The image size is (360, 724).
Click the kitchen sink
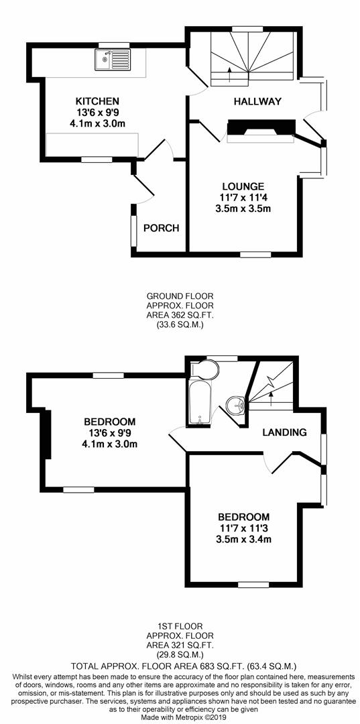(113, 60)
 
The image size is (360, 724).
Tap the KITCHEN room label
(98, 101)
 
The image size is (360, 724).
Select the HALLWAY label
(257, 102)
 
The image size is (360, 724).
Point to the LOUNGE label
(243, 186)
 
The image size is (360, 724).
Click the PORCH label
(161, 228)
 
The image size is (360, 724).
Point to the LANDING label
(285, 432)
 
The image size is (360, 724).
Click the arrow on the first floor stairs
(271, 397)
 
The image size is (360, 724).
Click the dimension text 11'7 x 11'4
(243, 198)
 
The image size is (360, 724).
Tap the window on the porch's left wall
(134, 231)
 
